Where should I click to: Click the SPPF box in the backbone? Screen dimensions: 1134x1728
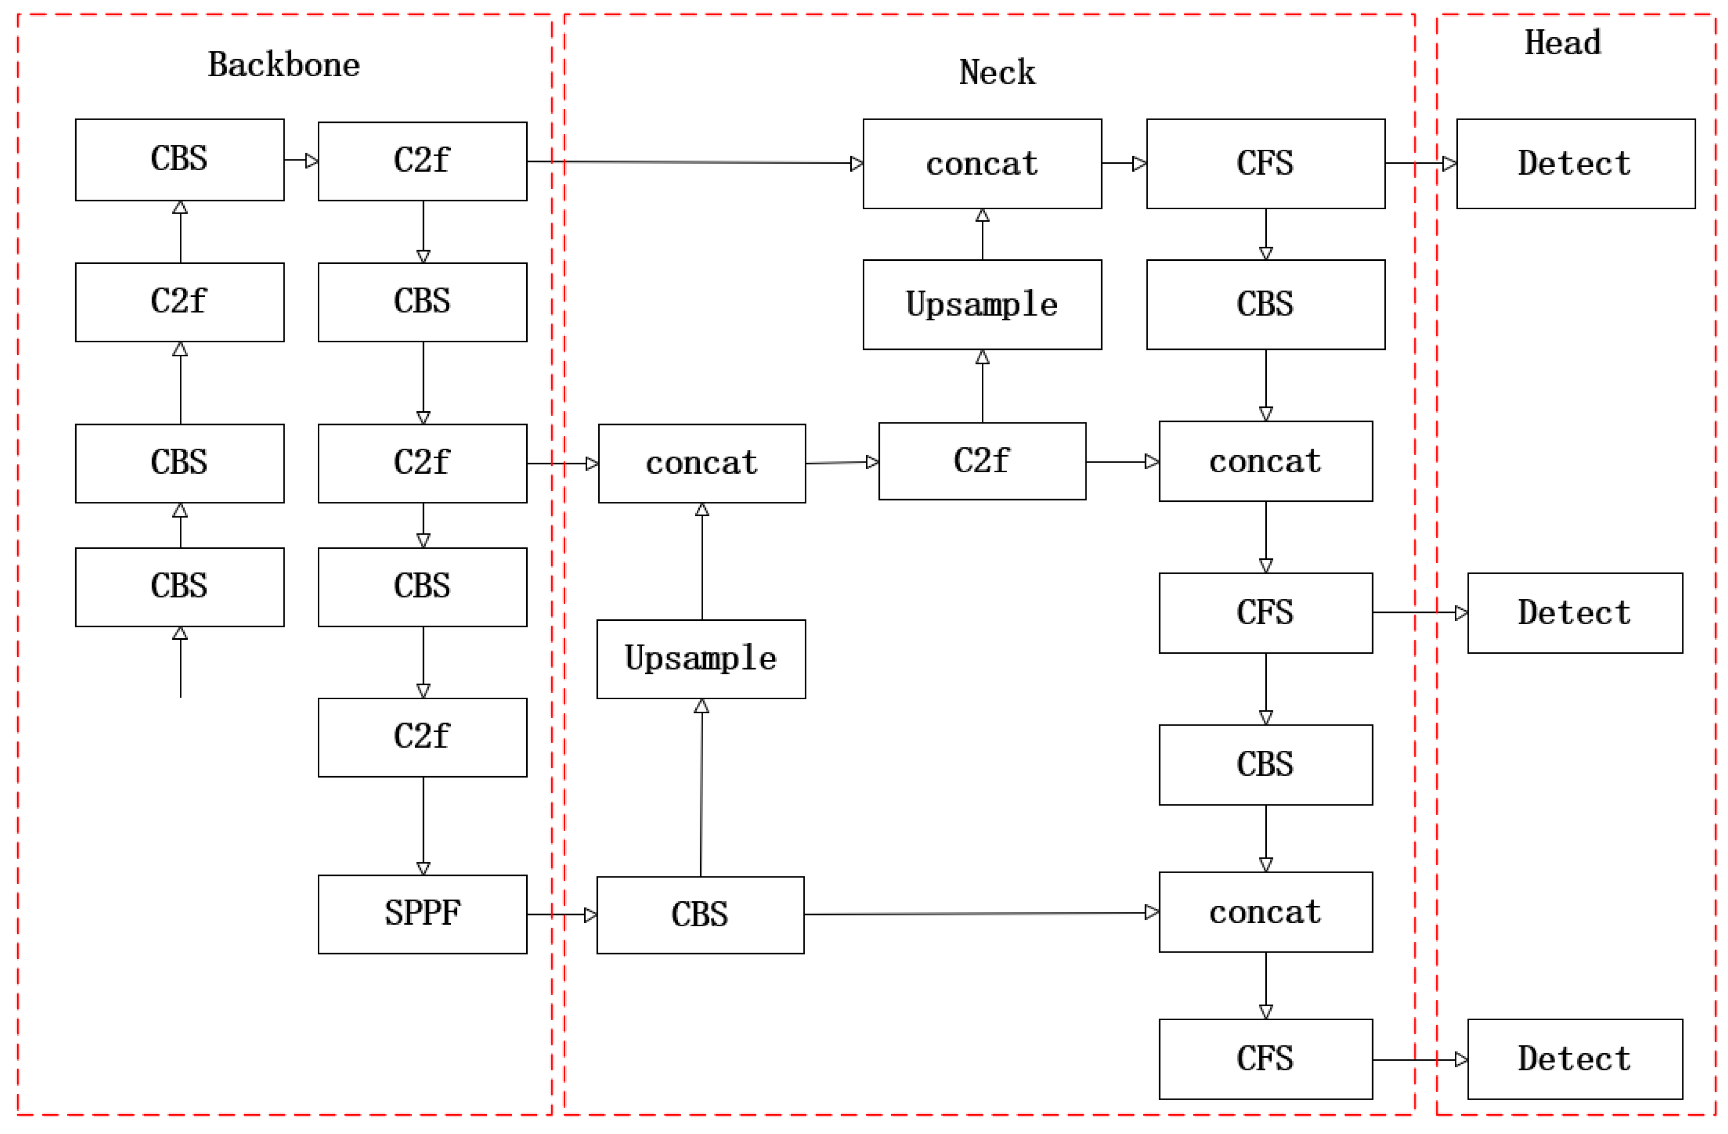point(422,914)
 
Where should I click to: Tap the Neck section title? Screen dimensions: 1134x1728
point(997,72)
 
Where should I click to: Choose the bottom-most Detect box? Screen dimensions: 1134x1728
point(1575,1059)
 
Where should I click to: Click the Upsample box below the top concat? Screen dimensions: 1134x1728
point(982,305)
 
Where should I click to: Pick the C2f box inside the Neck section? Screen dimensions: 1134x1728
point(982,461)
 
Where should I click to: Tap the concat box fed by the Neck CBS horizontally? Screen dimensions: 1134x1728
point(1265,912)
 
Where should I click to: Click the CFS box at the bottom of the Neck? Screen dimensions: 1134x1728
point(1265,1059)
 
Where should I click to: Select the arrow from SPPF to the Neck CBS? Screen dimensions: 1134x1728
point(561,914)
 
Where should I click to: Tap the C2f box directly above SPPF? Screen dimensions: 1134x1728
point(422,737)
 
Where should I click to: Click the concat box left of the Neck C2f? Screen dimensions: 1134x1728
point(702,463)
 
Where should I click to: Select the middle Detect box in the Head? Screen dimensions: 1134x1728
point(1575,613)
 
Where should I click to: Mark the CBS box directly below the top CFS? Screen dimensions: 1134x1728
point(1265,305)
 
